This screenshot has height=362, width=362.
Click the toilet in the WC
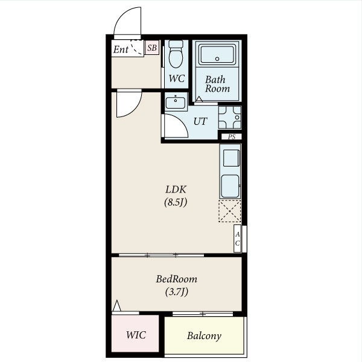(x=176, y=54)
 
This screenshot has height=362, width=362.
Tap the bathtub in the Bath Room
(x=217, y=55)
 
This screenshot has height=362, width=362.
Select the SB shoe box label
(x=152, y=48)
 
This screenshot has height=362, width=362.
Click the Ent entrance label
(x=121, y=49)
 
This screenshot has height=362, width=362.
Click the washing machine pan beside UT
(x=230, y=117)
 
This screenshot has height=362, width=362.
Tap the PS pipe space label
(x=232, y=137)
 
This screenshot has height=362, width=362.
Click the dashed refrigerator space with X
(x=230, y=211)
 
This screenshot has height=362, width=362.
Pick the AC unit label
(x=237, y=239)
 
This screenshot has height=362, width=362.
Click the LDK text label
(x=176, y=189)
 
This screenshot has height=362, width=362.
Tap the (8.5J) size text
(x=176, y=203)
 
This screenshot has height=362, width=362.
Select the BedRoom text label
(x=177, y=279)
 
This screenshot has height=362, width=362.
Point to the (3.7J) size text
(x=177, y=292)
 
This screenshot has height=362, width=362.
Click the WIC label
(x=136, y=335)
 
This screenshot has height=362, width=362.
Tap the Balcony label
(x=204, y=336)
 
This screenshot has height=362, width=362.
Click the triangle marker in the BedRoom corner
(x=117, y=306)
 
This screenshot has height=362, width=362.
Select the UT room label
(x=200, y=121)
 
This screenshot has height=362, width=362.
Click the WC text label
(x=177, y=78)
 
